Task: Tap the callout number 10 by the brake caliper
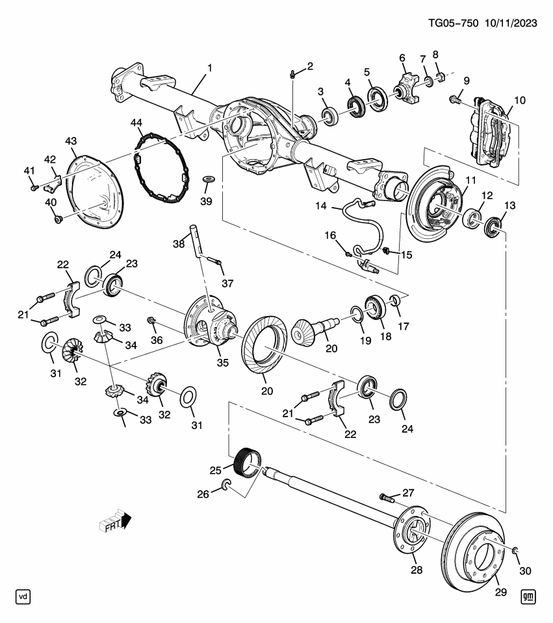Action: [x=519, y=101]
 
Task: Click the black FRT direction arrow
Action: [x=126, y=520]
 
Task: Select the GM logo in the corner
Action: [x=528, y=596]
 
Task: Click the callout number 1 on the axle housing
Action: [x=209, y=67]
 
